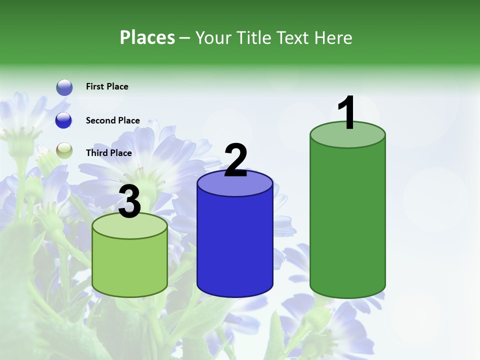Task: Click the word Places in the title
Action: point(147,37)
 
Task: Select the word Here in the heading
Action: point(333,37)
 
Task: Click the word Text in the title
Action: point(292,37)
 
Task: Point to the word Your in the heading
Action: point(214,37)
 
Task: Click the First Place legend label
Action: point(107,86)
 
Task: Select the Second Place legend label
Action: point(112,120)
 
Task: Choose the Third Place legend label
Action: point(108,153)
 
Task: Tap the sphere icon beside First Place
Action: point(64,87)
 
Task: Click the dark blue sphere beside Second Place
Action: point(64,120)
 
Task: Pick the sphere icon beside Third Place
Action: point(64,150)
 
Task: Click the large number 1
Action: point(347,113)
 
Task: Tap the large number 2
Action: point(235,161)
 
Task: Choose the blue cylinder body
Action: point(235,245)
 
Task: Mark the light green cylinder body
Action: point(130,265)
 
